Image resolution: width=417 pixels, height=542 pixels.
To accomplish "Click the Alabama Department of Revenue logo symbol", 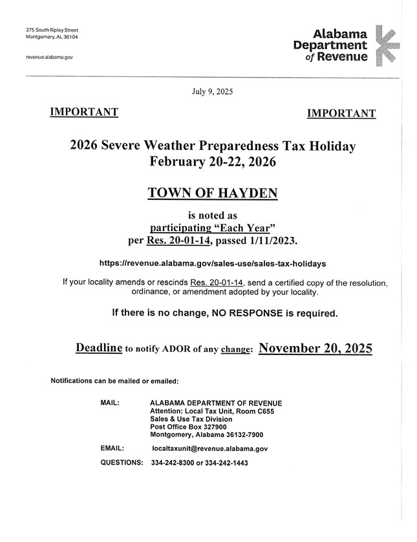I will pos(387,45).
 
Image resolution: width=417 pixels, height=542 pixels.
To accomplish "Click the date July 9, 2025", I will pos(212,92).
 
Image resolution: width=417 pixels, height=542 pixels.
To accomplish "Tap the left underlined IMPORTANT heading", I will pos(84,113).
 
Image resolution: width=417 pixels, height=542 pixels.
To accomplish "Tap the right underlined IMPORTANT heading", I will pos(341,114).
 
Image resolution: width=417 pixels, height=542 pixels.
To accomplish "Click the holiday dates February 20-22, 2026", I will pos(213,162).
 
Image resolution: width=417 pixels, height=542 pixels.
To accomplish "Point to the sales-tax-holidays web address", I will pos(213,264).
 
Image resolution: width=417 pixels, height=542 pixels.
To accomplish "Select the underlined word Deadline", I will pos(99,348).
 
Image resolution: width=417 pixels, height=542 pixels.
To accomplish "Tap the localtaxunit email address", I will pos(209,448).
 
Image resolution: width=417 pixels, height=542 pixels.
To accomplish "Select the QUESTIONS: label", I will pos(122,463).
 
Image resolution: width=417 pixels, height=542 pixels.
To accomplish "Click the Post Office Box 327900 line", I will pos(188,427).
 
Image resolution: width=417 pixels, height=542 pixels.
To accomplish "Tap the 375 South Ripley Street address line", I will pos(52,30).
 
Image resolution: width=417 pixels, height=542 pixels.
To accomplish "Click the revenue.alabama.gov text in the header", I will pos(49,57).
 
